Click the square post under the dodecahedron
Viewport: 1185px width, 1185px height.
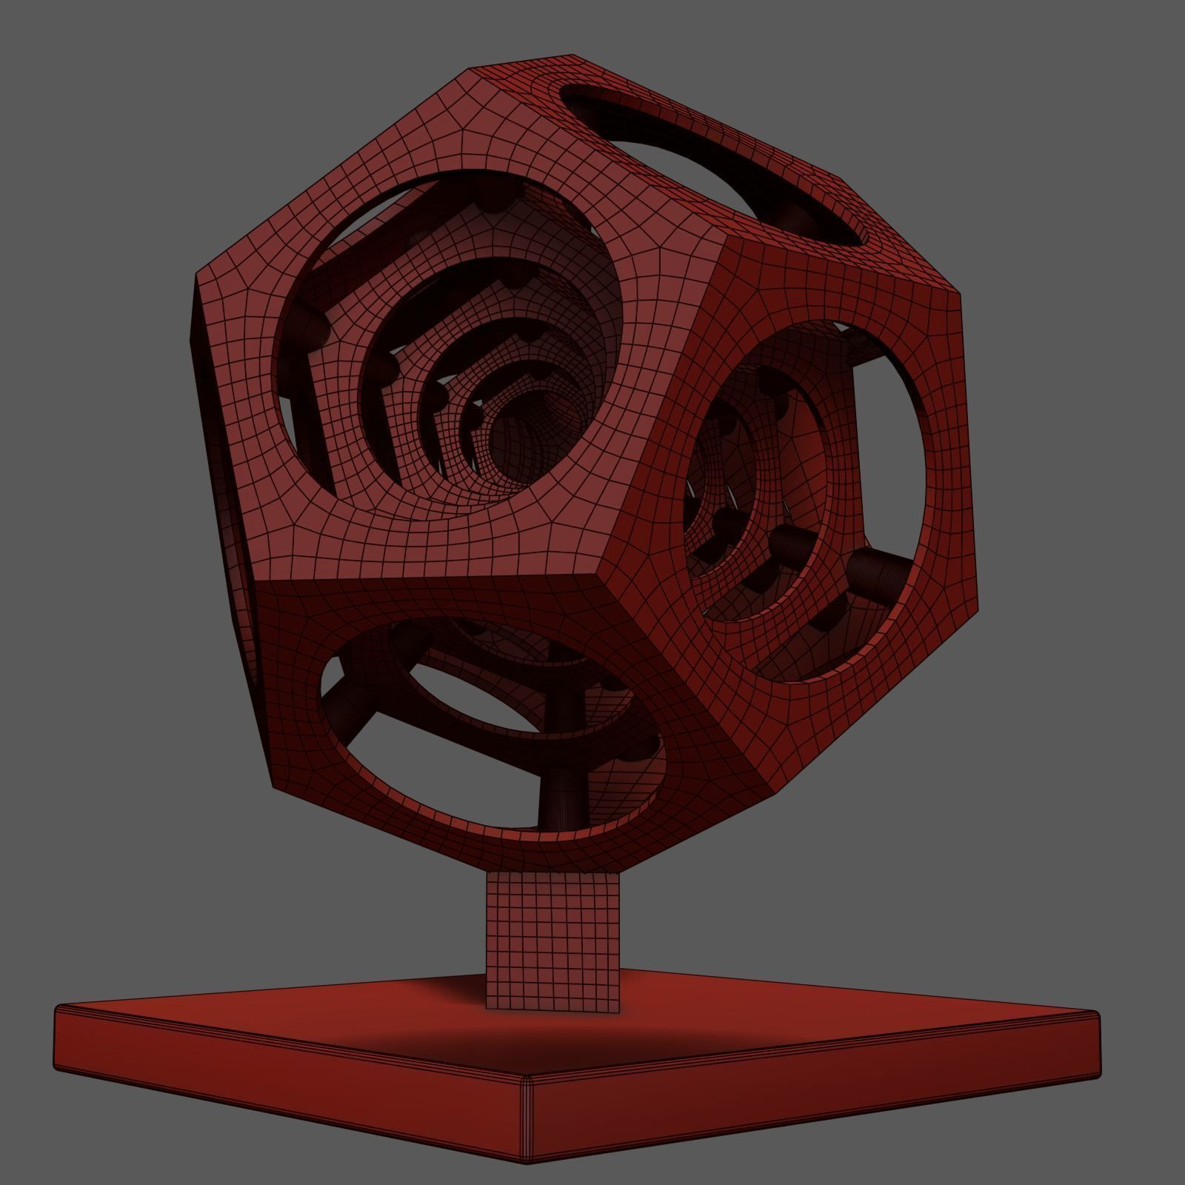click(553, 941)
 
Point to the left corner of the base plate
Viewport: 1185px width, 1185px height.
click(58, 1009)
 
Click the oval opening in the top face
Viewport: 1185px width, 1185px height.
click(711, 163)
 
